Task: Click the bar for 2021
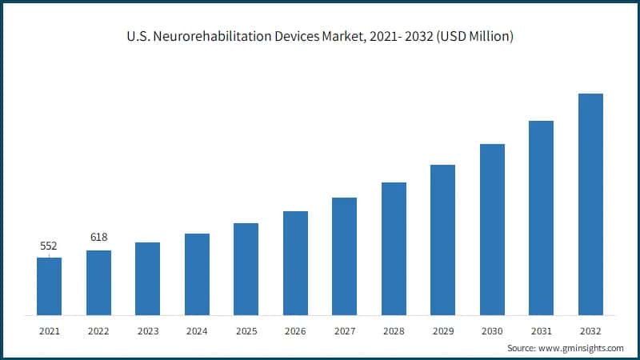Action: [49, 286]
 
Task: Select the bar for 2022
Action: [98, 282]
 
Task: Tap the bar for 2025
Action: [246, 269]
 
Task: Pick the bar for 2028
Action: [394, 249]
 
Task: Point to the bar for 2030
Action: [492, 230]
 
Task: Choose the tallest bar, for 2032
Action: [590, 204]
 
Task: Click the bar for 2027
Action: [344, 256]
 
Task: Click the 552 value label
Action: [49, 246]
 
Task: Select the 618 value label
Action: [98, 238]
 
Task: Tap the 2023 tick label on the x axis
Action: [147, 330]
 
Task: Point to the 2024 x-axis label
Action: [197, 330]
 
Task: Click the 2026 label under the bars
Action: [295, 330]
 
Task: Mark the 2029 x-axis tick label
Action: [442, 330]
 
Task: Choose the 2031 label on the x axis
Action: [541, 330]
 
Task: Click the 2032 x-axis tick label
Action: [590, 330]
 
